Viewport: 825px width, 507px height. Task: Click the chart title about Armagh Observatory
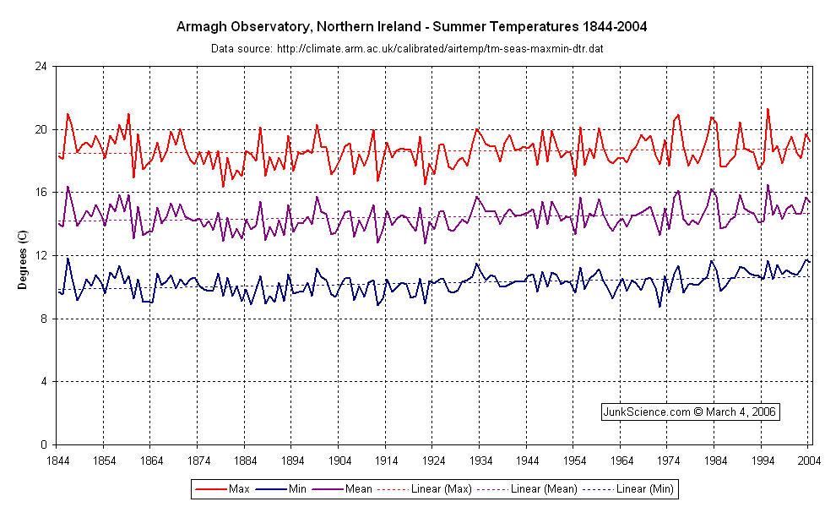click(411, 26)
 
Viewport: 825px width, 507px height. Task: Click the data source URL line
click(406, 48)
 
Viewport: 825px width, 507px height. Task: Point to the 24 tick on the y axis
click(41, 67)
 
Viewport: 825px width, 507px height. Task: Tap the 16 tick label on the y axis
click(41, 193)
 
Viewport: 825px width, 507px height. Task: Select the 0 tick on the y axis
click(44, 444)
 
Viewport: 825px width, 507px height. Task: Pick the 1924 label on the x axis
click(432, 461)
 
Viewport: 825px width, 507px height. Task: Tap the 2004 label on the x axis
click(808, 461)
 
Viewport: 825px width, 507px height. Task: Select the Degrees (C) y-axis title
click(23, 256)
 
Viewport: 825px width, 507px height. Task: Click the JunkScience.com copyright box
click(689, 412)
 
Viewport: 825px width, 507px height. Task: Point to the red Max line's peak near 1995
click(768, 109)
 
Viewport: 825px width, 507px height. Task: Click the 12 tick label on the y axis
click(41, 256)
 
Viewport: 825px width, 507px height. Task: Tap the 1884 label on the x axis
click(244, 461)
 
